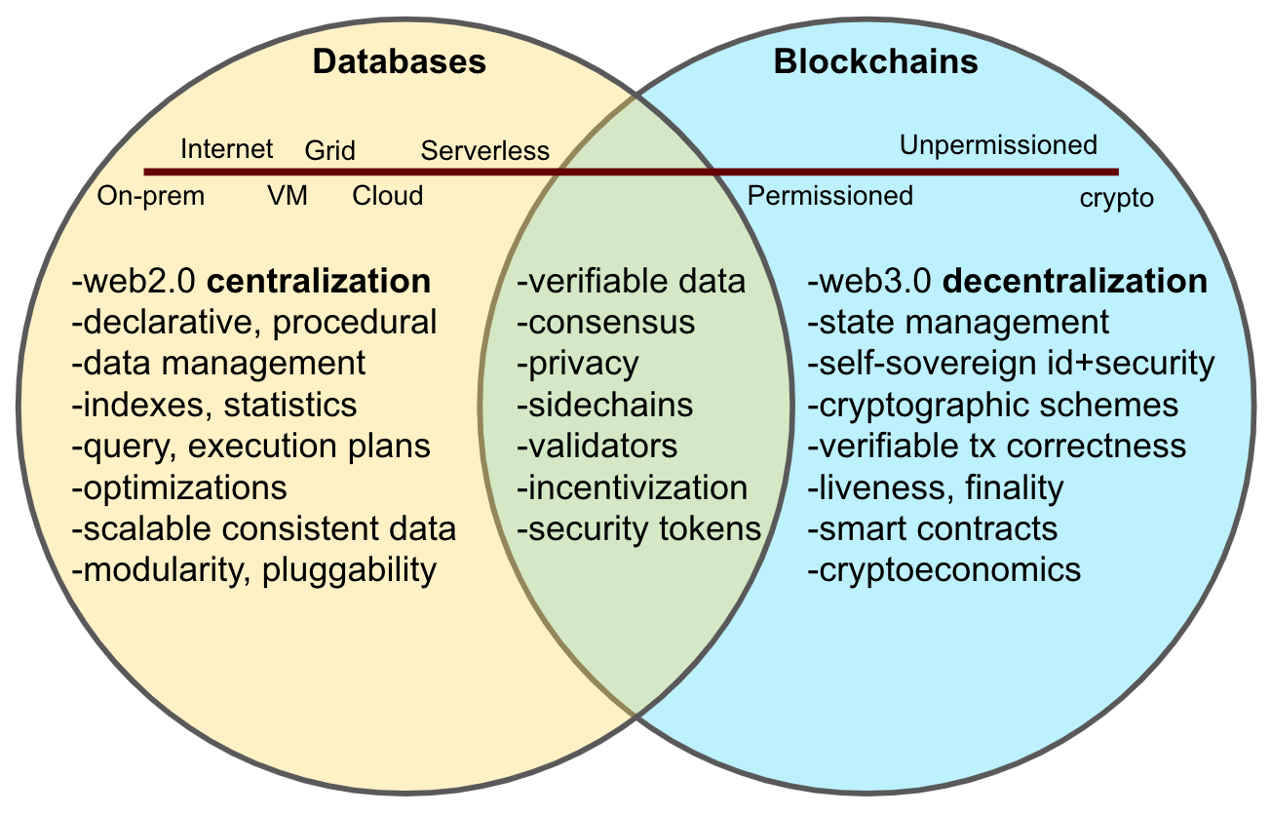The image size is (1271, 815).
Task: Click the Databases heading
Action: point(399,63)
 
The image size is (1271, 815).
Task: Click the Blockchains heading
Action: point(875,63)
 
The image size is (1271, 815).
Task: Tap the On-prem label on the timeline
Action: point(151,196)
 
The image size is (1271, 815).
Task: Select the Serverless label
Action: point(484,151)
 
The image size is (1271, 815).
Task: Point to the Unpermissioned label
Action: point(998,146)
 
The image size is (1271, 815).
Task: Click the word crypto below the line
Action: point(1116,199)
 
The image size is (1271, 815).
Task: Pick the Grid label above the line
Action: point(329,151)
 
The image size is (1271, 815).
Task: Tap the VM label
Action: point(288,196)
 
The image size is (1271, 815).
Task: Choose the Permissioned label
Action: point(829,196)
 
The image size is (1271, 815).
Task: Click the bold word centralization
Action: point(319,282)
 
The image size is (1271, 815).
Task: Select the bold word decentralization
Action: point(1077,282)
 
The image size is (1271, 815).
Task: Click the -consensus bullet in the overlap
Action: point(605,323)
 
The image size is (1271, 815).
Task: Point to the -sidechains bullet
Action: point(604,405)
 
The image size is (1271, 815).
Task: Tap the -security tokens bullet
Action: point(638,528)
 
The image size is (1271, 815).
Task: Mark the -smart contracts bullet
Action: point(933,528)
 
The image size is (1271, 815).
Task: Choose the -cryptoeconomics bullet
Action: point(944,569)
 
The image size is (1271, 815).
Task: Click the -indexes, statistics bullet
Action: point(214,405)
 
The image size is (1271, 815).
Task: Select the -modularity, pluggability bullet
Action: point(253,569)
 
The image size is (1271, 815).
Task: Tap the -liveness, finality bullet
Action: point(935,487)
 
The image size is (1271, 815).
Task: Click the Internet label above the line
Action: point(227,149)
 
